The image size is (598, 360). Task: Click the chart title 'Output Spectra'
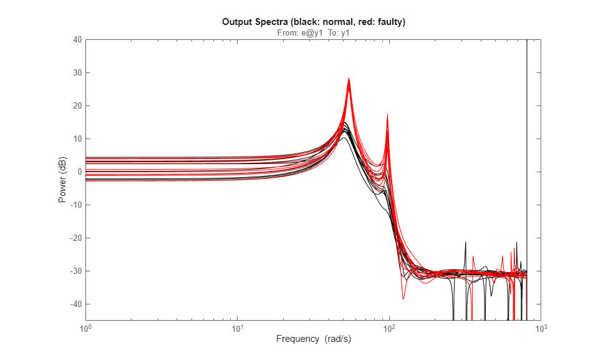[x=314, y=22]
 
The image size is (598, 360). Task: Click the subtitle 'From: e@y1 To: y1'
[x=313, y=33]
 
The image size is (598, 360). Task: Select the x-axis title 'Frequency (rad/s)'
[x=313, y=339]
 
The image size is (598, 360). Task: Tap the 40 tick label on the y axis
[x=77, y=40]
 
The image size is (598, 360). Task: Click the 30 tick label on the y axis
[x=77, y=73]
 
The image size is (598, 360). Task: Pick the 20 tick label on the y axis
[x=77, y=106]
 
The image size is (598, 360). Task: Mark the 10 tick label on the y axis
[x=77, y=139]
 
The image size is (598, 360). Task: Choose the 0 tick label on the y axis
[x=79, y=172]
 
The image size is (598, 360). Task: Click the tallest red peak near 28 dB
[x=349, y=79]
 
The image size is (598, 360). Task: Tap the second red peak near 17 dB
[x=387, y=115]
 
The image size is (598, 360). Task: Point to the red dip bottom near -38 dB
[x=403, y=299]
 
